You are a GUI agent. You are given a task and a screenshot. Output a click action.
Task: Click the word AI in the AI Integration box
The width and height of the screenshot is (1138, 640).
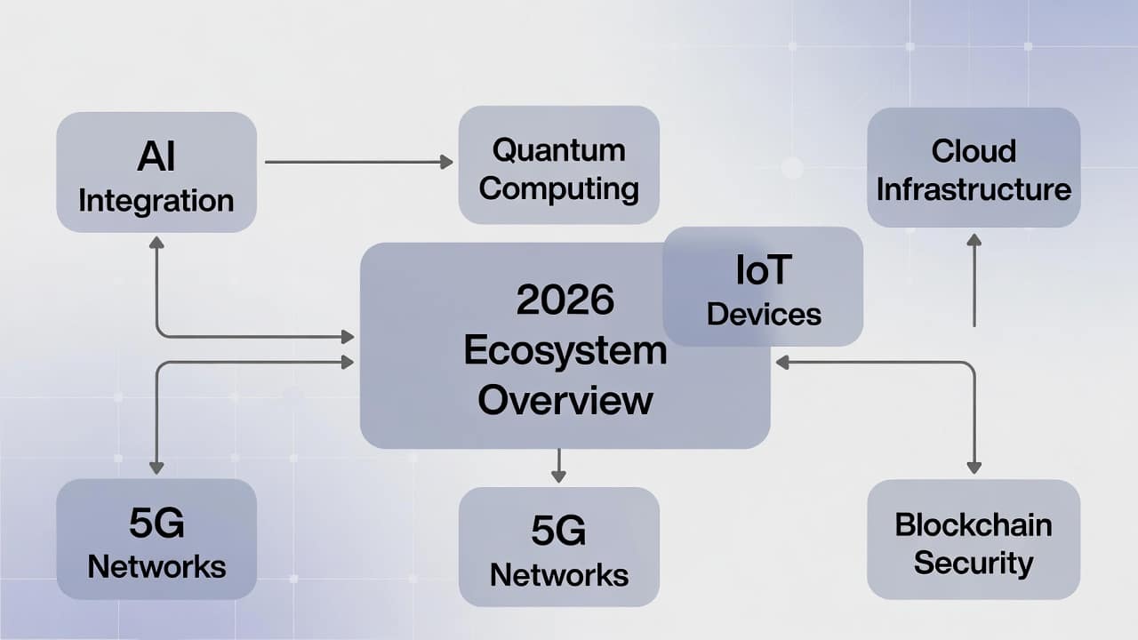coord(156,157)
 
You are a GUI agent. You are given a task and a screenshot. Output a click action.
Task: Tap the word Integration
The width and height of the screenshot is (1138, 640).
coord(156,201)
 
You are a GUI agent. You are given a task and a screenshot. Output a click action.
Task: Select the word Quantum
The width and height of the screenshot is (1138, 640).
coord(559,150)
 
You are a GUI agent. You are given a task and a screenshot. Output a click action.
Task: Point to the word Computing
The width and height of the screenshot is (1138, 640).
coord(559,189)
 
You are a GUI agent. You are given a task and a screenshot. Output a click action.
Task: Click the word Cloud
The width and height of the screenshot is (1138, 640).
coord(974,151)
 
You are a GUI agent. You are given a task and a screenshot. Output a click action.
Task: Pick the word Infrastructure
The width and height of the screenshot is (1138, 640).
coord(974,189)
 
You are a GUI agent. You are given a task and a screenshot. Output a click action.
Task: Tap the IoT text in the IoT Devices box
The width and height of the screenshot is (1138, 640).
coord(764,269)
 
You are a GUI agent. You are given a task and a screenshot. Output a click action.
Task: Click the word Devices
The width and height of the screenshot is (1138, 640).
coord(764,314)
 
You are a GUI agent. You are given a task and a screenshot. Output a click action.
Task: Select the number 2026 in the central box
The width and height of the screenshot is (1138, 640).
coord(565,300)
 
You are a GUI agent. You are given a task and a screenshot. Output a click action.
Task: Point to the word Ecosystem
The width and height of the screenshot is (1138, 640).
coord(565,350)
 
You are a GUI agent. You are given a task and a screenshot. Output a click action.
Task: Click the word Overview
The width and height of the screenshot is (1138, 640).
coord(565,400)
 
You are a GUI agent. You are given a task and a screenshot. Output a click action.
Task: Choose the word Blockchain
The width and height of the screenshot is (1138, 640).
coord(974,524)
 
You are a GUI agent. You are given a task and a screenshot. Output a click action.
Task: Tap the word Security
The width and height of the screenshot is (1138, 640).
coord(974,563)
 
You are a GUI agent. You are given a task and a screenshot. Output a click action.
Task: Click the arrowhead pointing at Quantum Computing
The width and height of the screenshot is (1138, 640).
coord(446,162)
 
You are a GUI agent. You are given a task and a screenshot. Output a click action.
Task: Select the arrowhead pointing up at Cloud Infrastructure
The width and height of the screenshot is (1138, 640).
coord(974,240)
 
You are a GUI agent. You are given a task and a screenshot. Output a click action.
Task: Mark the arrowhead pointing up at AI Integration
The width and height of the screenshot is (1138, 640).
coord(156,243)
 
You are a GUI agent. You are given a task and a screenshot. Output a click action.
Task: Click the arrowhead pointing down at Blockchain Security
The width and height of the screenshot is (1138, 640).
coord(974,468)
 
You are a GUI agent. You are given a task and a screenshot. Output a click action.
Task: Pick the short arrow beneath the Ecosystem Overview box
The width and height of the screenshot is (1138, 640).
coord(559,465)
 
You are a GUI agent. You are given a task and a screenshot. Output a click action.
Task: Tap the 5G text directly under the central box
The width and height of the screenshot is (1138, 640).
coord(559,531)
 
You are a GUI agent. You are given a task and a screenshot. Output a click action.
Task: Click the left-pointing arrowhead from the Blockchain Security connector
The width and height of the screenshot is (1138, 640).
coord(782,363)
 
